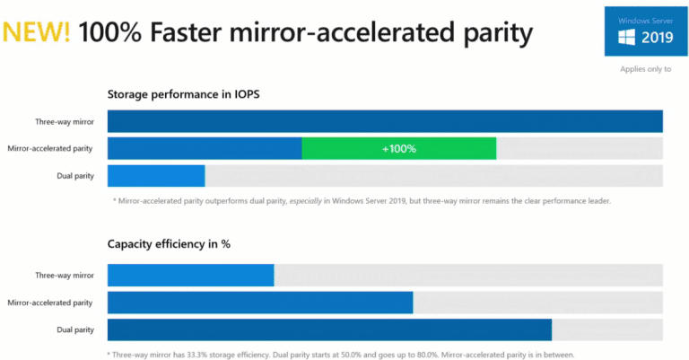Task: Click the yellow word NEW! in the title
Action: point(37,33)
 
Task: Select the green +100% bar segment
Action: point(398,149)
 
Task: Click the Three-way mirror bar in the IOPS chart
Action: point(384,121)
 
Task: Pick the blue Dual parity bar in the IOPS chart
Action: point(155,176)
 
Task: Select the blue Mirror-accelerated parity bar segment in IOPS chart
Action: point(204,149)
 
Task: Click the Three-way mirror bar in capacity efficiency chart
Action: point(190,276)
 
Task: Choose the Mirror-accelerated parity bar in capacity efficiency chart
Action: point(259,303)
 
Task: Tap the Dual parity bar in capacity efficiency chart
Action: point(328,329)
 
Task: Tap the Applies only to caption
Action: point(645,69)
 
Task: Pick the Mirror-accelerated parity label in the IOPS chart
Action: point(49,149)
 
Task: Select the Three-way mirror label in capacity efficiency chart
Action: point(64,276)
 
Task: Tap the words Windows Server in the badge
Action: point(645,20)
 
